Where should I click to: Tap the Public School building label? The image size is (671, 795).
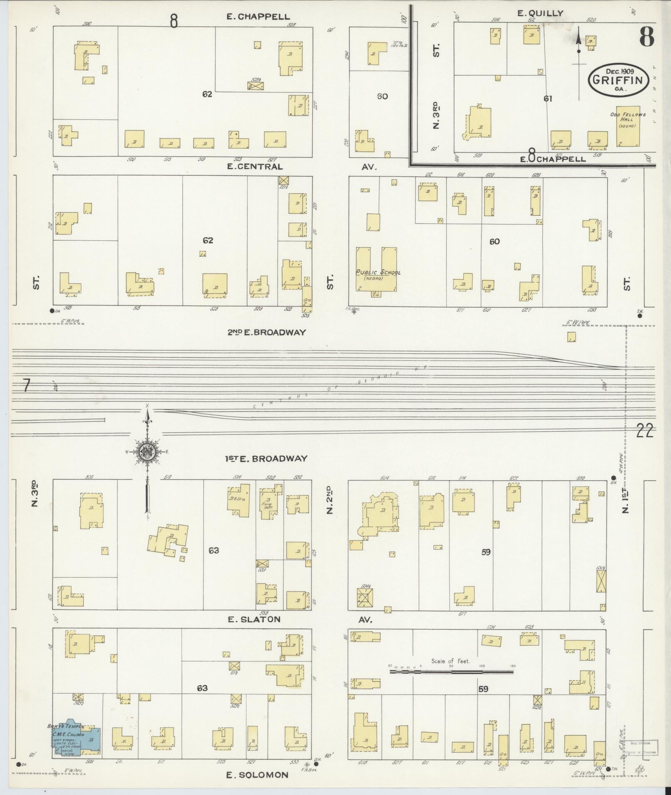378,273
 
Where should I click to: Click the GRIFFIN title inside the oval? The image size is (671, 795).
618,80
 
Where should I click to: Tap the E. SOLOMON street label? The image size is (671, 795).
257,775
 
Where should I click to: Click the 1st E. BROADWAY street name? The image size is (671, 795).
266,458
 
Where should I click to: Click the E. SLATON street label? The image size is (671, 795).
254,619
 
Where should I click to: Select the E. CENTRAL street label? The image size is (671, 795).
254,167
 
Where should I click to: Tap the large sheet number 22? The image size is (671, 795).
644,431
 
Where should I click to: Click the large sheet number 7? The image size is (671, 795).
26,386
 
